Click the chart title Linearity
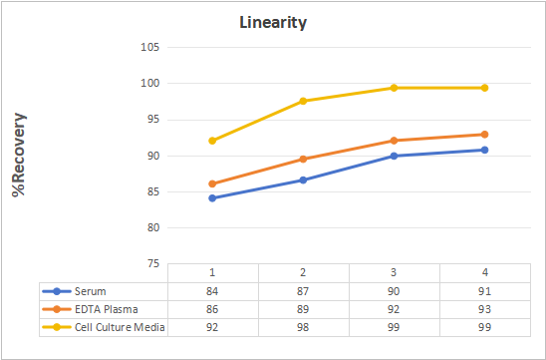tap(273, 23)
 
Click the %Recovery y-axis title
tap(19, 155)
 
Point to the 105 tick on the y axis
tap(149, 47)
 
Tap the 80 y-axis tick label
tap(152, 227)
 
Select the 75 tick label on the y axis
tap(152, 264)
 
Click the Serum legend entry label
tap(91, 291)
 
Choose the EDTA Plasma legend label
tap(107, 309)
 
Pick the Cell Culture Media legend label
tap(120, 327)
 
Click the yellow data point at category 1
tap(212, 141)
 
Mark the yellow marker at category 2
tap(303, 101)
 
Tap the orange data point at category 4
tap(484, 135)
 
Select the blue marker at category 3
tap(394, 156)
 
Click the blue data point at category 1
tap(212, 198)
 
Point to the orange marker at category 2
tap(303, 160)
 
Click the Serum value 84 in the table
tap(212, 291)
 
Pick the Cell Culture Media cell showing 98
tap(303, 327)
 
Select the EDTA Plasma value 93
tap(484, 309)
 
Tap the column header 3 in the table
tap(394, 272)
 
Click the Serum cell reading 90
tap(394, 291)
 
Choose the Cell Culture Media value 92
tap(212, 327)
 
